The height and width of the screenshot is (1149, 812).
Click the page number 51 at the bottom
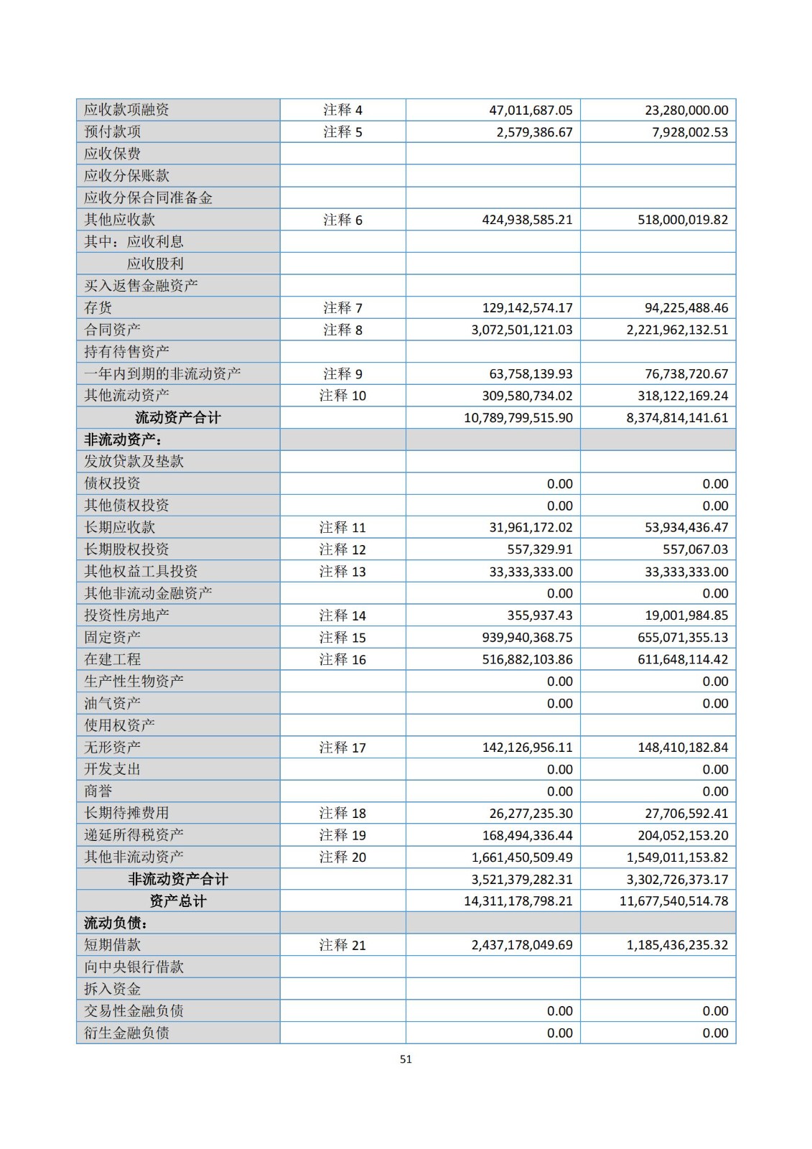pyautogui.click(x=406, y=1059)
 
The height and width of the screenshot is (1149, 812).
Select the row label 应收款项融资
pyautogui.click(x=126, y=110)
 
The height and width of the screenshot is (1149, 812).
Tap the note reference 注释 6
pyautogui.click(x=342, y=220)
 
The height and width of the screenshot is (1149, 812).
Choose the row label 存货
pyautogui.click(x=98, y=308)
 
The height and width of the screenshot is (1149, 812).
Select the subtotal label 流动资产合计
pyautogui.click(x=178, y=418)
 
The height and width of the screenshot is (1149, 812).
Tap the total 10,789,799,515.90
pyautogui.click(x=518, y=418)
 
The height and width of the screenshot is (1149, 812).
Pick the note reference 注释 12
pyautogui.click(x=342, y=549)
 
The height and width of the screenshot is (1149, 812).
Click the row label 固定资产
pyautogui.click(x=113, y=637)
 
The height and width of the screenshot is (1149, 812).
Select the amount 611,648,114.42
pyautogui.click(x=683, y=659)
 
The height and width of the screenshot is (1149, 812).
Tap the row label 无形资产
pyautogui.click(x=113, y=747)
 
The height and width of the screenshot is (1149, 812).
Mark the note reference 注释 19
pyautogui.click(x=342, y=835)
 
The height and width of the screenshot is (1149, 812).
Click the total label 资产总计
pyautogui.click(x=178, y=901)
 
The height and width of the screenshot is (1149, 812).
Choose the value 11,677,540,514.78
pyautogui.click(x=674, y=901)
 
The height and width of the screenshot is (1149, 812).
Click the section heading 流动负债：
pyautogui.click(x=116, y=923)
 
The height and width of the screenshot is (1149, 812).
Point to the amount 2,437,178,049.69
pyautogui.click(x=522, y=945)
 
